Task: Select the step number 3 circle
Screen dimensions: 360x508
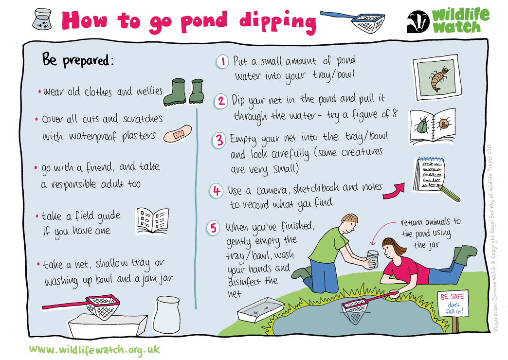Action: (x=219, y=140)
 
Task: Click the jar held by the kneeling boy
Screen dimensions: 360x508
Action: (x=372, y=258)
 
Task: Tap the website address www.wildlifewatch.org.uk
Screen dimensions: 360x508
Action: (x=94, y=349)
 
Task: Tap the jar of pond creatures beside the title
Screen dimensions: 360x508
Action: (x=42, y=19)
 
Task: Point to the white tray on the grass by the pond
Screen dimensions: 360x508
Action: (x=260, y=310)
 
